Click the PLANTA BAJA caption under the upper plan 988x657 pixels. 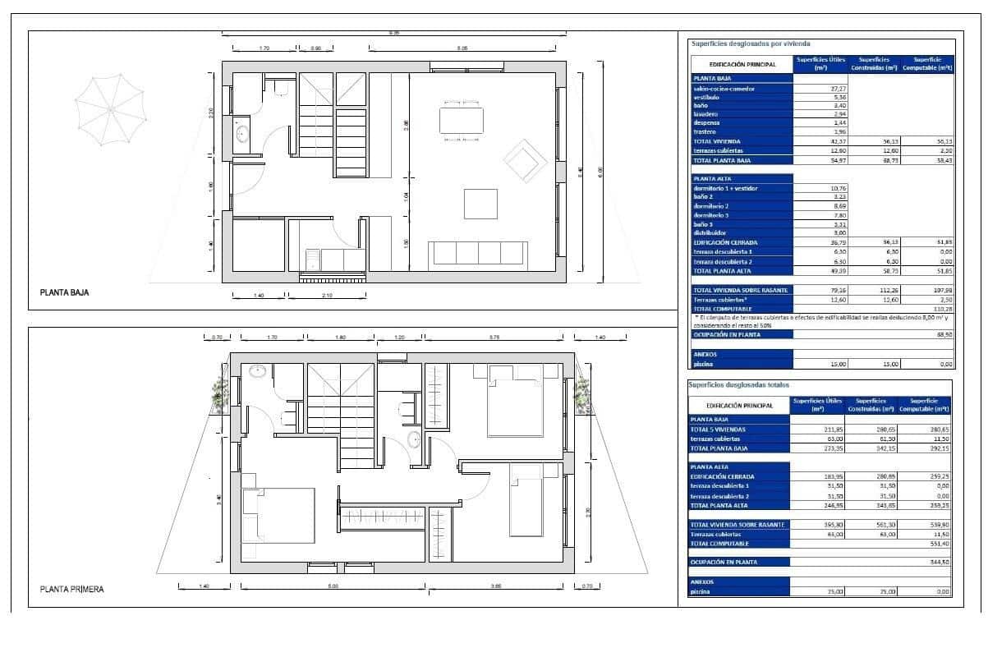(64, 292)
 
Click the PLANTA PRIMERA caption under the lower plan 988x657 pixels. (72, 589)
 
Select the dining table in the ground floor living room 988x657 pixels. (462, 121)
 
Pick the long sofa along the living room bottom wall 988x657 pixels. (479, 253)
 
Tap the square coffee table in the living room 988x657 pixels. (480, 204)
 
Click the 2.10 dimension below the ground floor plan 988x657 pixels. (326, 295)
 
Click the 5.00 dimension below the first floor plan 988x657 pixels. (333, 586)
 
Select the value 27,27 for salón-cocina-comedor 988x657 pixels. (816, 89)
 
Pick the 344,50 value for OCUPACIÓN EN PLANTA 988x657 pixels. (937, 562)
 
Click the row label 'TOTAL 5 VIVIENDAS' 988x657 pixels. (724, 429)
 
